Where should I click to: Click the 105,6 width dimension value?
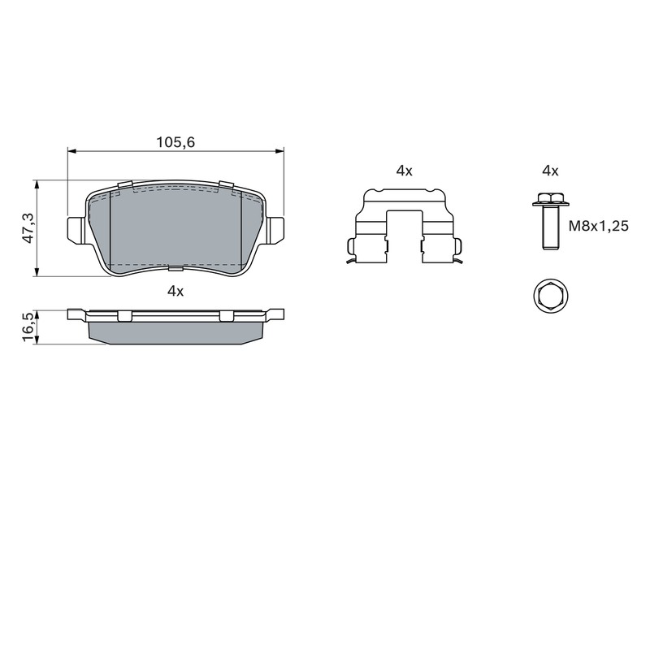point(175,142)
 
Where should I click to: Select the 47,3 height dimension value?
point(28,228)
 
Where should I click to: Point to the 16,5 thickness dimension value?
point(28,327)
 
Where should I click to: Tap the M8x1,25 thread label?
point(599,226)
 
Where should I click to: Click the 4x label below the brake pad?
point(175,291)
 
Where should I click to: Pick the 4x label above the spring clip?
point(404,171)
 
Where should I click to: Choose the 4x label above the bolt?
point(551,171)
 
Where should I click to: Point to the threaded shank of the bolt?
point(551,227)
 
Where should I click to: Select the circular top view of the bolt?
point(551,297)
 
